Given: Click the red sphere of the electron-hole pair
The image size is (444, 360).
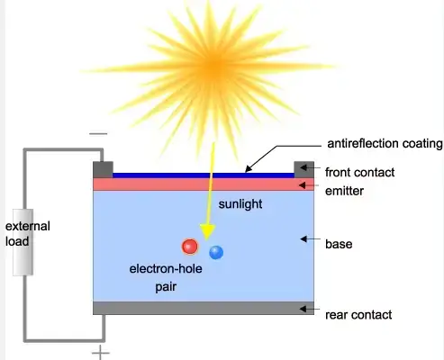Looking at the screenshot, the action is coord(190,247).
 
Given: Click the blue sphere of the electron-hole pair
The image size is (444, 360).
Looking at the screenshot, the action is coord(216,252).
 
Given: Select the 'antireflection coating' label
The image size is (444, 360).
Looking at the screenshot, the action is coord(385,143).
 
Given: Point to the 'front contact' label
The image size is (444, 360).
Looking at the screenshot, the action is coord(359,172).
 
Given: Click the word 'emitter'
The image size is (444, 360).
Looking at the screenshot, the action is coord(344,191).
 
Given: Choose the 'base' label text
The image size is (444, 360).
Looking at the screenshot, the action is coord(339,244).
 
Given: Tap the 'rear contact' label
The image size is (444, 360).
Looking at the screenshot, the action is coord(358,315).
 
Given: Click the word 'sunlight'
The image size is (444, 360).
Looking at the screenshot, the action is coord(240,204).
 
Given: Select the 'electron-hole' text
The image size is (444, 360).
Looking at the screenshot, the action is coord(166,268).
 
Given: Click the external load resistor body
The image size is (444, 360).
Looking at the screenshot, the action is coord(23,242).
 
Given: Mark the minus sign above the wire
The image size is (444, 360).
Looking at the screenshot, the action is coord(98,134).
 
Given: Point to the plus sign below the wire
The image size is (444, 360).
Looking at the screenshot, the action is coord(101,353).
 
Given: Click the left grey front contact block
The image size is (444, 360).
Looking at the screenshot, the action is coord(103,170).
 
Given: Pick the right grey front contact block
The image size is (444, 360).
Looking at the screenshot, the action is coord(304,170).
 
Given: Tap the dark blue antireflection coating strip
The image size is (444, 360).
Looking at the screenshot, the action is coord(204,175).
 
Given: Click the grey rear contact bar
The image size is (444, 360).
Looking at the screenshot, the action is coord(204,308).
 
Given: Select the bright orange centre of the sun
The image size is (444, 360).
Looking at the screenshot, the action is coord(214,65).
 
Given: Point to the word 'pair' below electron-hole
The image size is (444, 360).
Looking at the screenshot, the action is coord(166,287).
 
